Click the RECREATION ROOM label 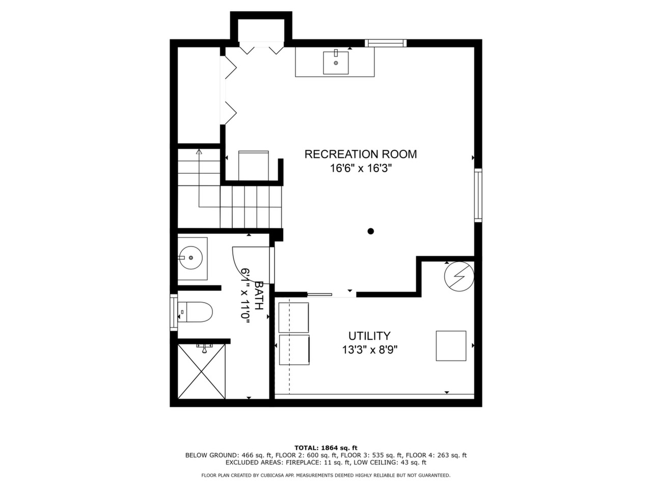coord(361,154)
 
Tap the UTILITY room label coord(369,336)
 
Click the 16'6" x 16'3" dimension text coord(361,169)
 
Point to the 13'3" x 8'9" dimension coord(370,350)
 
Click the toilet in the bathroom coord(195,312)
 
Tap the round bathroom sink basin coord(192,257)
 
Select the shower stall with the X coord(201,371)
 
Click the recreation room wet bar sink coord(336,62)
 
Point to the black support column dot coord(370,231)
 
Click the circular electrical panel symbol coord(459,277)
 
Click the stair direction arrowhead coord(199,151)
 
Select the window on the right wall coord(478,195)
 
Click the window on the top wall coord(386,43)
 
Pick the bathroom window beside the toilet coord(174,312)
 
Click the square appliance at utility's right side coord(451,345)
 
